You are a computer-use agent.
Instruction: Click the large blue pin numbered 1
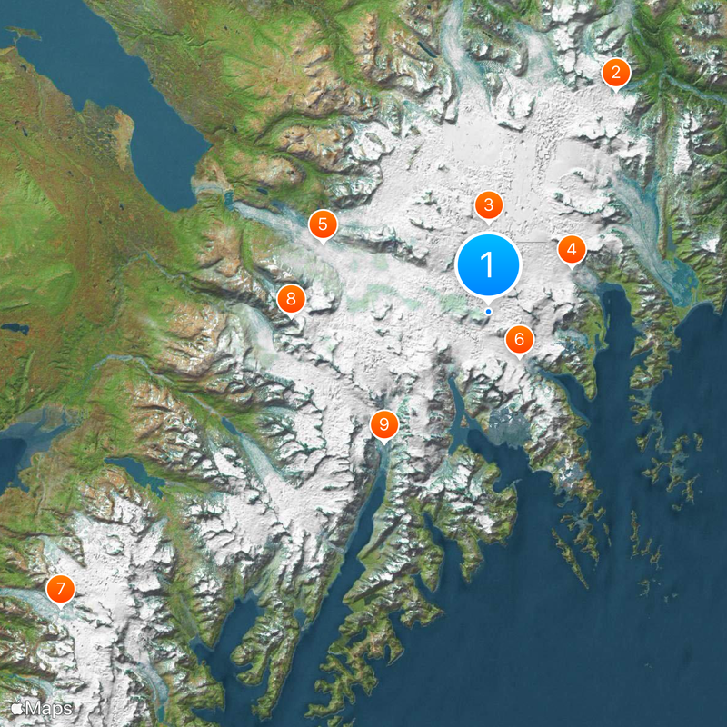[x=488, y=265]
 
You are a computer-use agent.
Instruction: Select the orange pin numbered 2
[x=616, y=73]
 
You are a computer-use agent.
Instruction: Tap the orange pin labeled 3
[x=488, y=205]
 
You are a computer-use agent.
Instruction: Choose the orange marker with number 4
[x=572, y=249]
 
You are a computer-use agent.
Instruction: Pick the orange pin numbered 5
[x=322, y=224]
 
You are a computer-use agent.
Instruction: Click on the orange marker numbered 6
[x=519, y=340]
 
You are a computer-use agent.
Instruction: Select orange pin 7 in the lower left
[x=60, y=590]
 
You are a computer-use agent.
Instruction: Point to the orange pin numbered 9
[x=384, y=423]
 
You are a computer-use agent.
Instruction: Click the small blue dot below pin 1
[x=488, y=312]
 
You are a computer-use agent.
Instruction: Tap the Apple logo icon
[x=17, y=708]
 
